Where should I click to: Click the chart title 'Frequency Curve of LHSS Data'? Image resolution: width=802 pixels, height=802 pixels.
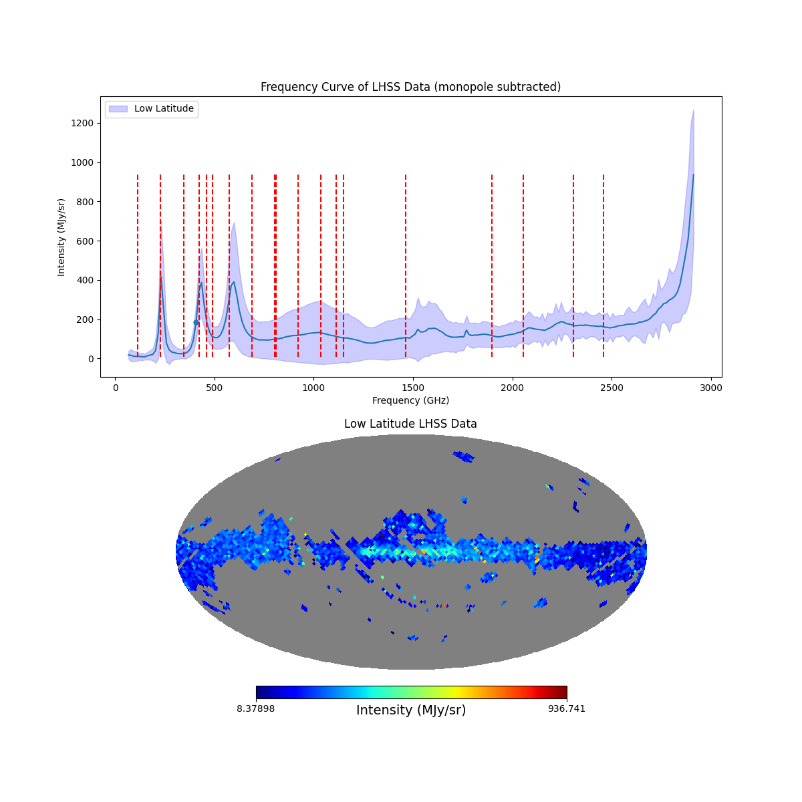click(x=410, y=87)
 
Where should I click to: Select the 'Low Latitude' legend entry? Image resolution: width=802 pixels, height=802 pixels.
click(x=163, y=109)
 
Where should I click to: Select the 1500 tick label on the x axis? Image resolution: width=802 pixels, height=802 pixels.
click(x=413, y=388)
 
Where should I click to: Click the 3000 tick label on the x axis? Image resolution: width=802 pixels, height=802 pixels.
click(x=711, y=388)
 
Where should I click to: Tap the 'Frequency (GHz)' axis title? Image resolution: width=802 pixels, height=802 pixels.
click(x=410, y=400)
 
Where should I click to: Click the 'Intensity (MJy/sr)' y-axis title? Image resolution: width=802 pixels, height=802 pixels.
click(x=61, y=237)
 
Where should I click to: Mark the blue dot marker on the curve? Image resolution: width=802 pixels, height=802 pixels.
click(x=196, y=322)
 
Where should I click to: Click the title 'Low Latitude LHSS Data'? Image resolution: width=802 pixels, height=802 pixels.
click(x=410, y=424)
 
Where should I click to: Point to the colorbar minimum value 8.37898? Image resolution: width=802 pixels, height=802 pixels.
click(x=255, y=709)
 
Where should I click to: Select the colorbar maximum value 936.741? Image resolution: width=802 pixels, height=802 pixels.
click(x=567, y=709)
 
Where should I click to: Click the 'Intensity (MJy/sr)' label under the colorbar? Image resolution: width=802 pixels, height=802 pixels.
click(x=411, y=710)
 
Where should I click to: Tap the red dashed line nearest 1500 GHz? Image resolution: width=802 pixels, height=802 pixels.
click(x=406, y=267)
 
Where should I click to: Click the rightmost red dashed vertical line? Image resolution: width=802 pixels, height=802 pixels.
click(x=604, y=267)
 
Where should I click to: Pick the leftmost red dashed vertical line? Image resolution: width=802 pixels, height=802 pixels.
click(x=138, y=267)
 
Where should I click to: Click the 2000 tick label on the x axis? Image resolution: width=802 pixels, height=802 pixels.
click(x=513, y=388)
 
